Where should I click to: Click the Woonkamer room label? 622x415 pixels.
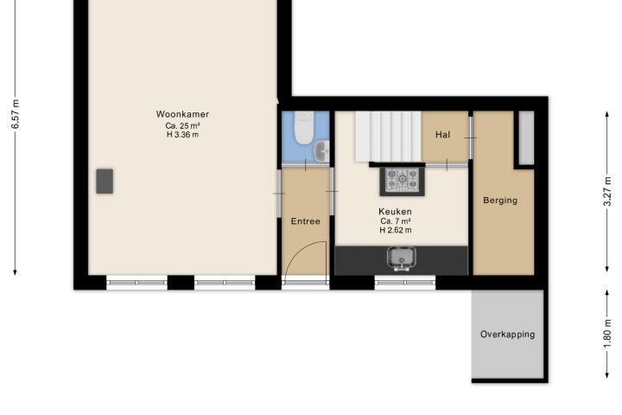click(182, 114)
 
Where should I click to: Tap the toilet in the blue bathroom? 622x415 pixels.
click(304, 127)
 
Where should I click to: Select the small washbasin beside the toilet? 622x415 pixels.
click(321, 151)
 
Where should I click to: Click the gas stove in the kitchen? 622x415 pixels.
click(403, 181)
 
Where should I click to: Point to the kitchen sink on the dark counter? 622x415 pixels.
click(402, 259)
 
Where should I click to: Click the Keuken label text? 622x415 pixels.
click(395, 211)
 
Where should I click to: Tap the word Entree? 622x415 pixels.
click(306, 221)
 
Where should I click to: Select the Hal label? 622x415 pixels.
click(442, 135)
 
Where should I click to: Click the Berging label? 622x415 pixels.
click(500, 201)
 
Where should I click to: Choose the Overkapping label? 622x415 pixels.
click(508, 335)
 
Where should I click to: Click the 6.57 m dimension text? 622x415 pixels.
click(15, 114)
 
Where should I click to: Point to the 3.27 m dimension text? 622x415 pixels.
click(607, 192)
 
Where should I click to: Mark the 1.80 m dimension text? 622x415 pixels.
click(607, 333)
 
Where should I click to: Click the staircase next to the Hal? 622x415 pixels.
click(388, 137)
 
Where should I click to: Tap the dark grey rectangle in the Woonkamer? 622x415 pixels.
click(105, 181)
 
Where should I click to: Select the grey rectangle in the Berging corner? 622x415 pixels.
click(526, 137)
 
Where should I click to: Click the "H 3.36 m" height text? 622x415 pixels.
click(182, 135)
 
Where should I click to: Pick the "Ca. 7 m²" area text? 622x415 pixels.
click(395, 221)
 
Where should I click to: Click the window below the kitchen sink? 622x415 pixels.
click(405, 283)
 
